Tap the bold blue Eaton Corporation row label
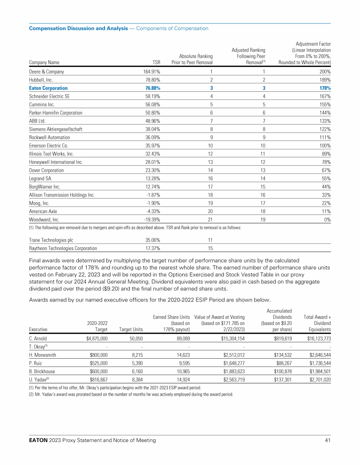[x=48, y=88]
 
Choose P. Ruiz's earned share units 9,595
[x=181, y=363]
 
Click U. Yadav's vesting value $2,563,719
[x=230, y=380]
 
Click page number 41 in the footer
[x=327, y=441]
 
